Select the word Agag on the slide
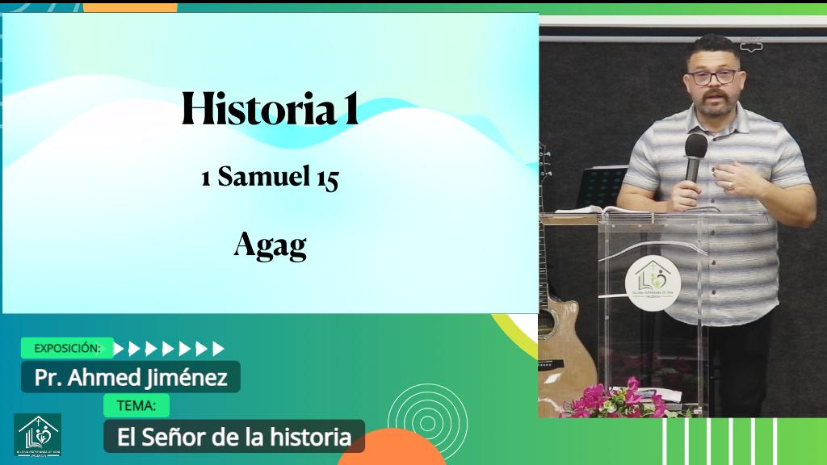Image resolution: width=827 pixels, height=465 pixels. pyautogui.click(x=270, y=245)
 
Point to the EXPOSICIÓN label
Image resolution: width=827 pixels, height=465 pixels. pyautogui.click(x=67, y=348)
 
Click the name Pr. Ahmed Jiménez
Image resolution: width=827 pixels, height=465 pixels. pyautogui.click(x=131, y=377)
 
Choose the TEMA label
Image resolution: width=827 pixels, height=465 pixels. pyautogui.click(x=136, y=405)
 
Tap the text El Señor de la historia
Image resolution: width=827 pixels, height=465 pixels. pyautogui.click(x=234, y=438)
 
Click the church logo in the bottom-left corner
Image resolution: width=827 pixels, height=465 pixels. pyautogui.click(x=37, y=436)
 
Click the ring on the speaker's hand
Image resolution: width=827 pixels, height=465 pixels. pyautogui.click(x=730, y=186)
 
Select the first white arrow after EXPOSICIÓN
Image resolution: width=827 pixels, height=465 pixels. pyautogui.click(x=120, y=349)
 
